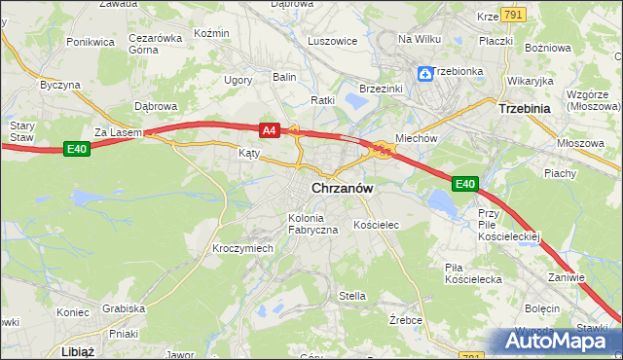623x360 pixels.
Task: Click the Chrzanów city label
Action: (344, 189)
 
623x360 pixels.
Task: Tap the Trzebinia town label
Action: (526, 109)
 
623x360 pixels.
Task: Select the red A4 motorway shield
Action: (270, 128)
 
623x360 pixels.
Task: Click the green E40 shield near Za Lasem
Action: (78, 148)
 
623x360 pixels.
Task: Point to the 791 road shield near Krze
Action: (515, 15)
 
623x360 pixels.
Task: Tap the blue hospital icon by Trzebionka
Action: (425, 73)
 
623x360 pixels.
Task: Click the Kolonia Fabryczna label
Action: (312, 223)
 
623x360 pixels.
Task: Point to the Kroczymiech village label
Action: (242, 248)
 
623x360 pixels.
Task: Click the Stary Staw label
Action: (20, 131)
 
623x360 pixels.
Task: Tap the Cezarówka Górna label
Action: (156, 44)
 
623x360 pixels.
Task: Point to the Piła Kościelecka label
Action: (472, 272)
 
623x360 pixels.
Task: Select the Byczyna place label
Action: (60, 85)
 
